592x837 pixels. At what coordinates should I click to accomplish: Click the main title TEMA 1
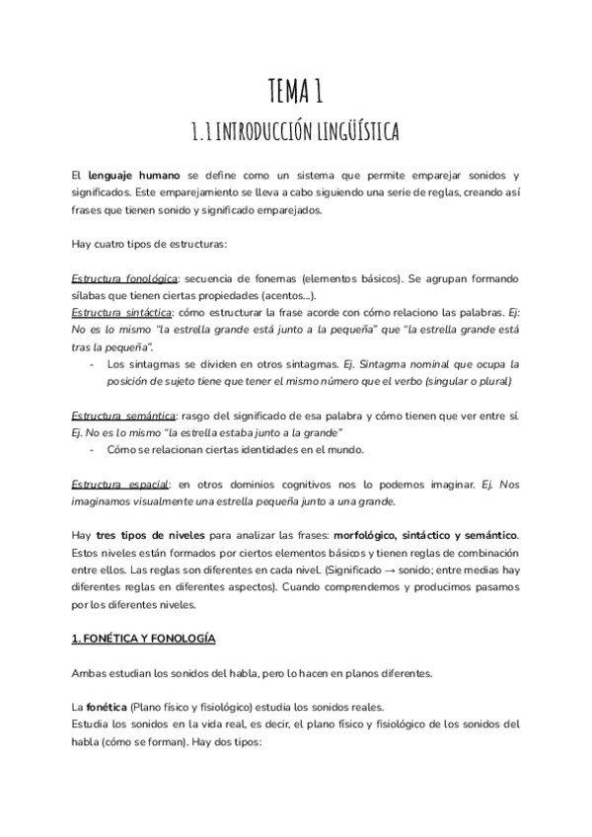tap(295, 92)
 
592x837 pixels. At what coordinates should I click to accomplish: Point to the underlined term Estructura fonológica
tap(125, 279)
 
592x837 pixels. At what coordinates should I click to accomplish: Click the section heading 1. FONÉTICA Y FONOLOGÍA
tap(143, 639)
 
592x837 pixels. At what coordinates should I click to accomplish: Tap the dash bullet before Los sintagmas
tap(91, 364)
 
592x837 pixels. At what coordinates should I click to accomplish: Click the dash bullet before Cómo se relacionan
tap(91, 450)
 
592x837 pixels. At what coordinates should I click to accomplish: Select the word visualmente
tap(172, 501)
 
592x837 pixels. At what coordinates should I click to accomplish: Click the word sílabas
tap(90, 295)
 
